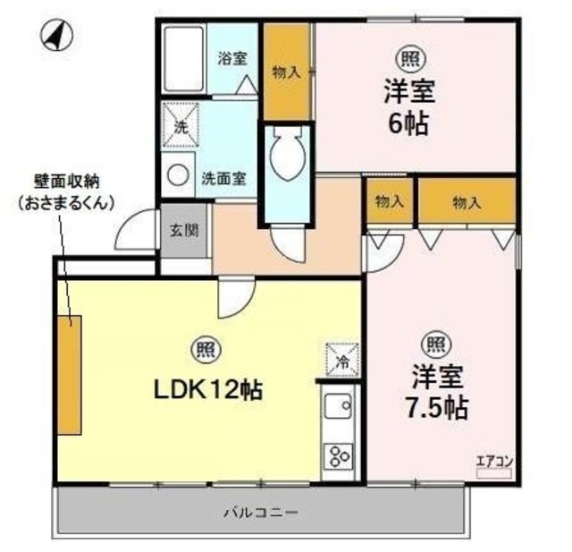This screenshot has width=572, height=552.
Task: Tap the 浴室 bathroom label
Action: [x=233, y=60]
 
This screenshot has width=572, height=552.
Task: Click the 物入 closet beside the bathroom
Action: [x=286, y=72]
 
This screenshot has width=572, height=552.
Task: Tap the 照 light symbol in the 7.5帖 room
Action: [x=435, y=343]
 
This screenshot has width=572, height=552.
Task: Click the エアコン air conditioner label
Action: [x=493, y=462]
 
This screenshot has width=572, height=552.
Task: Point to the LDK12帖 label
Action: [x=201, y=390]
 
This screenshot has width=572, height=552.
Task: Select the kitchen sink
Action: [x=338, y=411]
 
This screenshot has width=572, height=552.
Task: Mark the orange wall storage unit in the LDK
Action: [x=69, y=374]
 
